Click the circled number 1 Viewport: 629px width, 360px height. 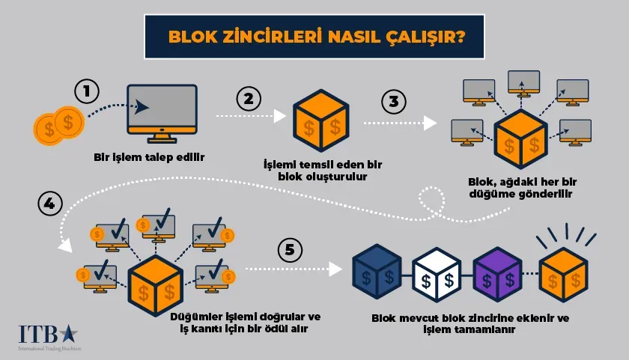(x=87, y=93)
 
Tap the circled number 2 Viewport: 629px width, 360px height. (x=249, y=100)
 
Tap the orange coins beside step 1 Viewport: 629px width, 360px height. (x=59, y=123)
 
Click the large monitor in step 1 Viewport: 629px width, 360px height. (x=162, y=111)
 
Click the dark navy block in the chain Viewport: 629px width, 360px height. (x=380, y=275)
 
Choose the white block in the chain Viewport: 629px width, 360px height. (x=437, y=275)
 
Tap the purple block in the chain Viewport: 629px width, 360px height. (x=496, y=275)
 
